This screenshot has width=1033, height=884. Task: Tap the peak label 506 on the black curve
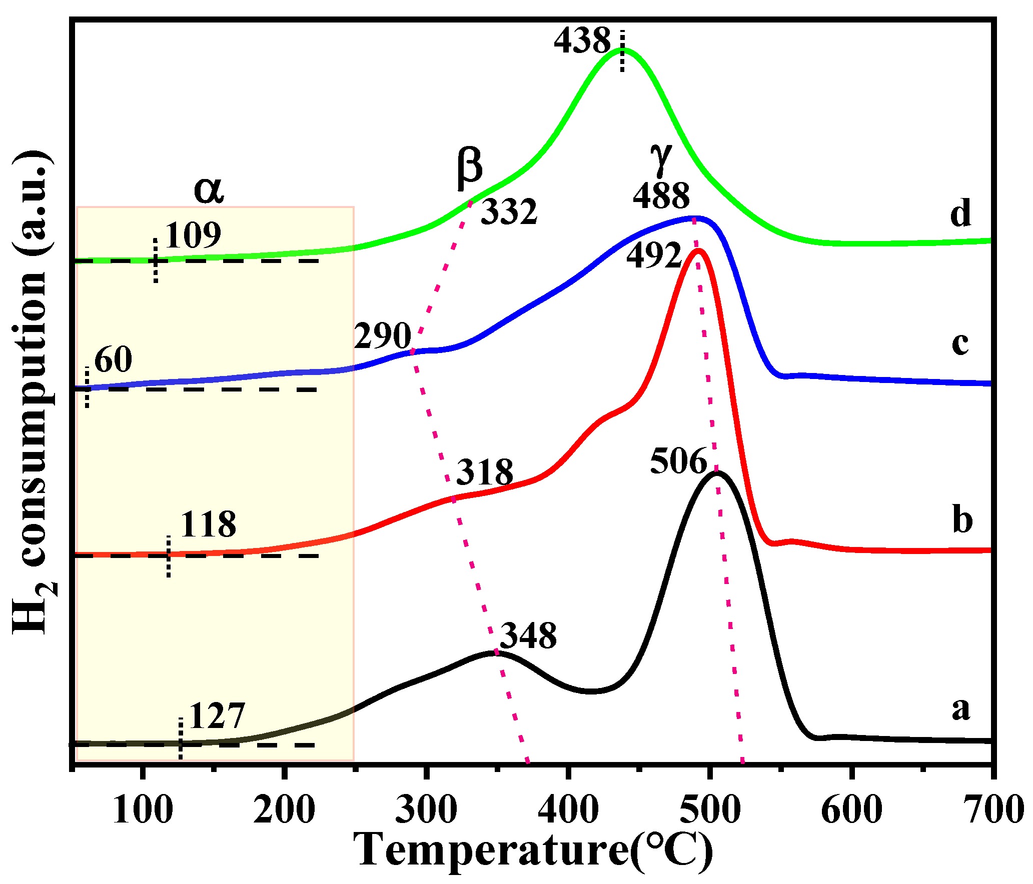click(x=678, y=461)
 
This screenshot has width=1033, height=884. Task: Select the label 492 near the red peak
click(x=654, y=256)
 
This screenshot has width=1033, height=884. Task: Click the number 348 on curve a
click(x=528, y=636)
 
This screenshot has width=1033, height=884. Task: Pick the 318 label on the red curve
click(x=485, y=471)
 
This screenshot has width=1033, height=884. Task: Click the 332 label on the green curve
click(x=509, y=211)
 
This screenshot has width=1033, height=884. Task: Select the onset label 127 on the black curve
click(x=217, y=716)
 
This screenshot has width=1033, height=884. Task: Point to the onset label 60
click(x=113, y=359)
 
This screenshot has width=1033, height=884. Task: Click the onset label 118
click(x=208, y=524)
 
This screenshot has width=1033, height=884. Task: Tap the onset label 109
click(x=193, y=235)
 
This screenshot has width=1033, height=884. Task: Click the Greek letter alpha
click(x=209, y=190)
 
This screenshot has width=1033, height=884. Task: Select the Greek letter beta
click(x=469, y=167)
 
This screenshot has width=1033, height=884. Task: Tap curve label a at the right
click(x=960, y=708)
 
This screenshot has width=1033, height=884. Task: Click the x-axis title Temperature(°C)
click(x=533, y=851)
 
